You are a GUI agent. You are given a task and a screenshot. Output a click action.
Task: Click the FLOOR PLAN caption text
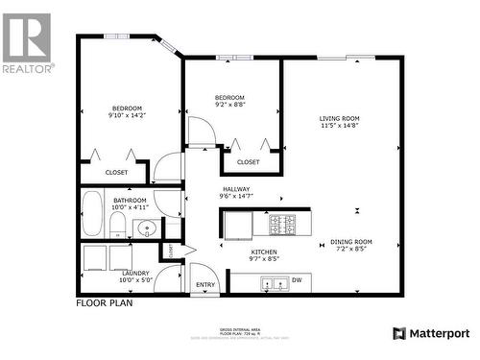coord(104,302)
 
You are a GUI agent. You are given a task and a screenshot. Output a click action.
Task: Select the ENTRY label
coord(206,284)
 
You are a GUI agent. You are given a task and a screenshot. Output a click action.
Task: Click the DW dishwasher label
coord(296,280)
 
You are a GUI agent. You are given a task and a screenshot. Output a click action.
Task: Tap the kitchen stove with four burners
coord(282,224)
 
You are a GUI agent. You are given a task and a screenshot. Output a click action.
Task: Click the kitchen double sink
coord(273,283)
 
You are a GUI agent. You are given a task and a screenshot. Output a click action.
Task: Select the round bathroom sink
coord(146,228)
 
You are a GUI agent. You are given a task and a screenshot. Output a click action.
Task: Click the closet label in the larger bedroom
coord(116,172)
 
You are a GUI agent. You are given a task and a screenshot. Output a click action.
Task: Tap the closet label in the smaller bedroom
coord(248,162)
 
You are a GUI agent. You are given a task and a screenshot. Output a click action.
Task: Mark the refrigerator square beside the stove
coord(238,223)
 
